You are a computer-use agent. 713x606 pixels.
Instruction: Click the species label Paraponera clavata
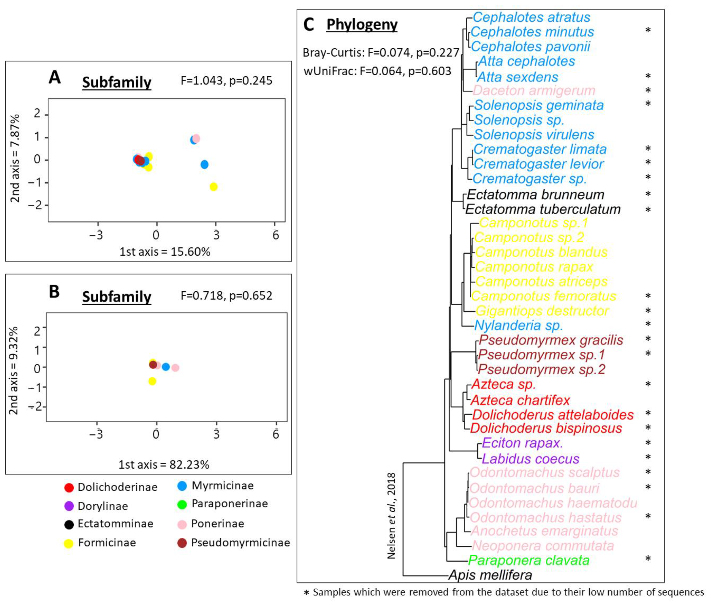[x=528, y=560]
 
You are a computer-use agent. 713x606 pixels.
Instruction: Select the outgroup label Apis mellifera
[x=490, y=575]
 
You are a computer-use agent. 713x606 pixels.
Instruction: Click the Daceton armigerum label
[x=534, y=90]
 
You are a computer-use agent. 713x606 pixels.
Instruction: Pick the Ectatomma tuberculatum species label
[x=542, y=209]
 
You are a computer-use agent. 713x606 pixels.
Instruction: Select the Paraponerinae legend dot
[x=182, y=504]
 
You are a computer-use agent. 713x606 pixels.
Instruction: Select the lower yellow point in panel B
[x=152, y=381]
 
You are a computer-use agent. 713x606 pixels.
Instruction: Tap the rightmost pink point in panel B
[x=175, y=368]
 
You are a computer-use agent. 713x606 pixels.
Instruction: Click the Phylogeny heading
[x=362, y=25]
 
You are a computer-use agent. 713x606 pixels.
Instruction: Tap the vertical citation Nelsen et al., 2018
[x=391, y=516]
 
